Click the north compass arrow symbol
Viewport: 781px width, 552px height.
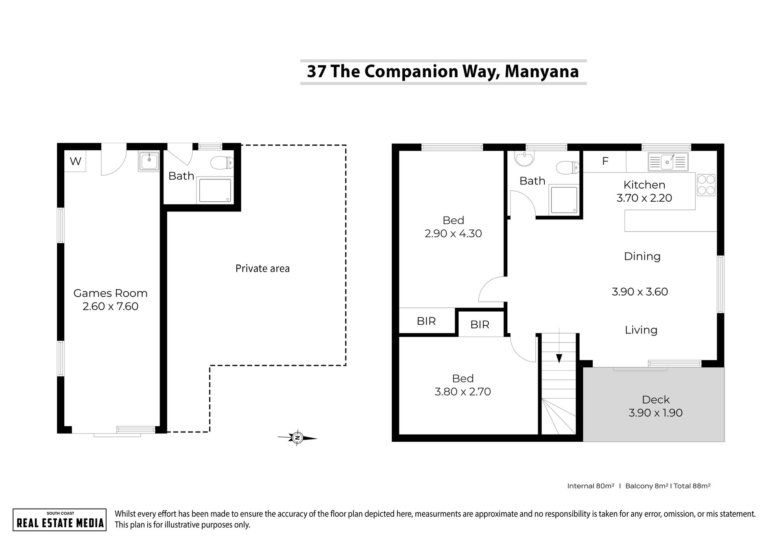[297, 438]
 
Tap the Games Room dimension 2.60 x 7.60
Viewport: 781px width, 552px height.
[111, 306]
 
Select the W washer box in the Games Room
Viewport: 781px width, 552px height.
[75, 161]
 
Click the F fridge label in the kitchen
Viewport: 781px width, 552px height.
[605, 161]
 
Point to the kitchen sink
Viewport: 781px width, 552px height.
[668, 162]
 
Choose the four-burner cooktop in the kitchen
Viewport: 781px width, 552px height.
[706, 185]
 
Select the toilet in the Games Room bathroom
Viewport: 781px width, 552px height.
[222, 163]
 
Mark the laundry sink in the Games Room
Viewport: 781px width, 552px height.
[149, 161]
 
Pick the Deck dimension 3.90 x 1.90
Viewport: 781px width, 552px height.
[656, 413]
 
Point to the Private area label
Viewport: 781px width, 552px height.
[263, 268]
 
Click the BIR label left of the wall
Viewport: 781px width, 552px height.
[426, 321]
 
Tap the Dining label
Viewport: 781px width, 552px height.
[642, 257]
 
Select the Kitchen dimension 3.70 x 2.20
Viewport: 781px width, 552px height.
[644, 198]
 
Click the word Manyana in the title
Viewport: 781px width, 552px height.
[542, 72]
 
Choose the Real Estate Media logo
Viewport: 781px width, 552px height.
[60, 519]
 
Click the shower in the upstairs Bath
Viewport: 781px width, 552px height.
[563, 200]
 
